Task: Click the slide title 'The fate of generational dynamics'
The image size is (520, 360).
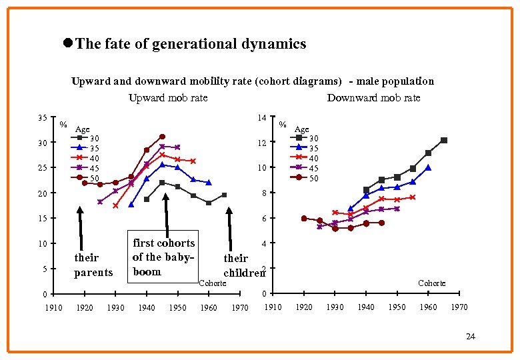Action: pyautogui.click(x=191, y=44)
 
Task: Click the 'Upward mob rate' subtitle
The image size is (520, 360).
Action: pyautogui.click(x=168, y=97)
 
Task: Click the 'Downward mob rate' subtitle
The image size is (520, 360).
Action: pyautogui.click(x=373, y=97)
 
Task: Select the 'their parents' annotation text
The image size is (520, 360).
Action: pyautogui.click(x=93, y=265)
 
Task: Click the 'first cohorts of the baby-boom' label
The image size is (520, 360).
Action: pyautogui.click(x=164, y=257)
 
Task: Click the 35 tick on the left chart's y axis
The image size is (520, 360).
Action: pyautogui.click(x=43, y=118)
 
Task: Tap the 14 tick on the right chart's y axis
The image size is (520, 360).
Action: pyautogui.click(x=262, y=118)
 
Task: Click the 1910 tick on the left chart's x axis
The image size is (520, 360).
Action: pyautogui.click(x=53, y=307)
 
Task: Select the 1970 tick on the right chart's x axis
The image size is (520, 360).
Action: pyautogui.click(x=459, y=307)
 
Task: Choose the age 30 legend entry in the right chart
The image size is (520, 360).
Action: pyautogui.click(x=303, y=138)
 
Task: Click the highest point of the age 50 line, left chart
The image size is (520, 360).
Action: pyautogui.click(x=162, y=137)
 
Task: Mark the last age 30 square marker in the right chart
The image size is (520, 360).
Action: pyautogui.click(x=443, y=141)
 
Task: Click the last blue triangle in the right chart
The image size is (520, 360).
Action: pyautogui.click(x=428, y=168)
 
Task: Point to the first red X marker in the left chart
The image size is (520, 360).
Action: pyautogui.click(x=115, y=206)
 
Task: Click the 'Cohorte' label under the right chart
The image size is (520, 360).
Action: pyautogui.click(x=431, y=283)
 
